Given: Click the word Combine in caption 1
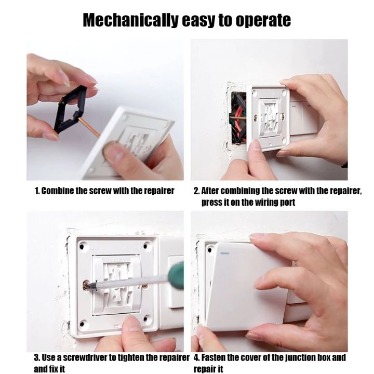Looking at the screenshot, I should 57,191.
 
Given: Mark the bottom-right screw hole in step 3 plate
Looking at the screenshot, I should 147,318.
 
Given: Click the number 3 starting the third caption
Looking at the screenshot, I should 36,358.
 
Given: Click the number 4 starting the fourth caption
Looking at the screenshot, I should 196,358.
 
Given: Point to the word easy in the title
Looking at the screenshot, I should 198,21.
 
